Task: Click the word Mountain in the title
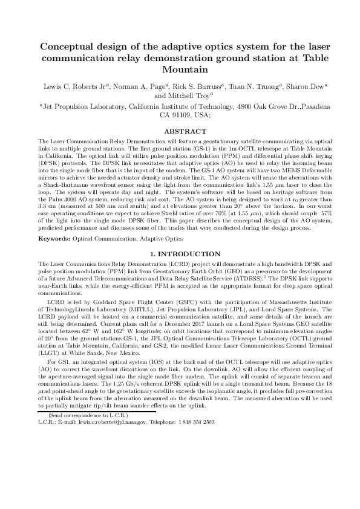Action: (x=180, y=71)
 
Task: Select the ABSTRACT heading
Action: (x=180, y=130)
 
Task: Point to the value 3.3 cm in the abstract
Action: (x=46, y=215)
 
